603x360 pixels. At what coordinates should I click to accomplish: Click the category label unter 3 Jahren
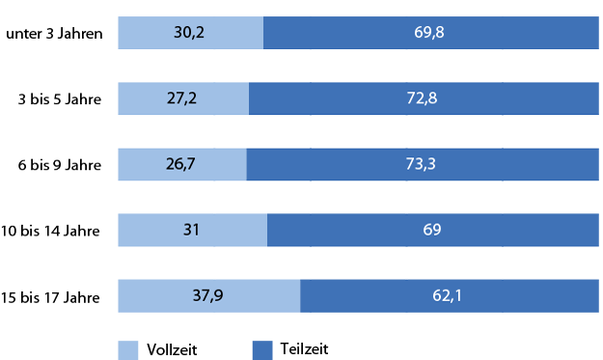pos(55,34)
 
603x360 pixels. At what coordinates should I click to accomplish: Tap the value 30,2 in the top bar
pos(191,34)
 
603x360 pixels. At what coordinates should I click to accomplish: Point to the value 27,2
pos(183,99)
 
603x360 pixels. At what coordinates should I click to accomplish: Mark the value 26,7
pos(182,165)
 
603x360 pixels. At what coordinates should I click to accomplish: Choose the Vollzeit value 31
pos(192,231)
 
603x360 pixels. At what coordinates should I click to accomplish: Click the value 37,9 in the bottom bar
pos(209,296)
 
